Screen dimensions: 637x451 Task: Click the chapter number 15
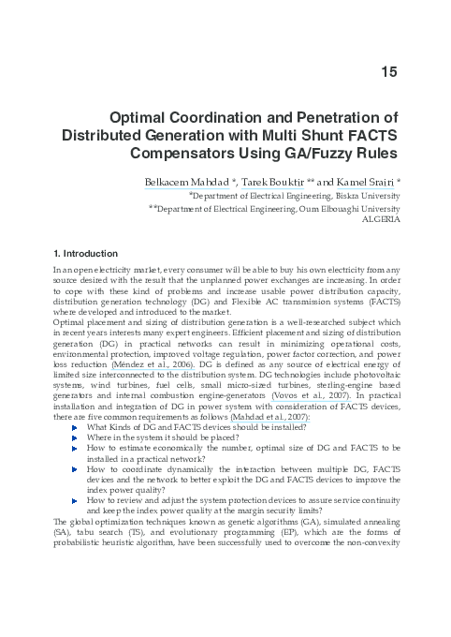(390, 72)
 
